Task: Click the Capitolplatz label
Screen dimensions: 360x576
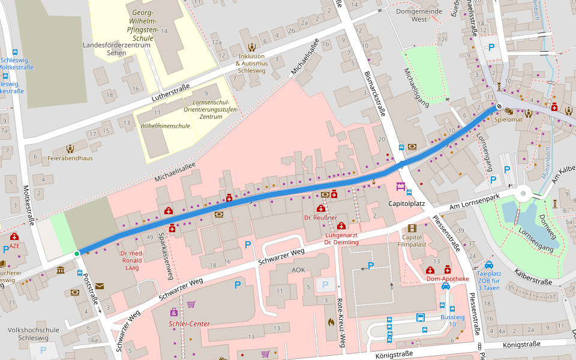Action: tap(407, 204)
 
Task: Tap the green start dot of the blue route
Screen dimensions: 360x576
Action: tap(76, 254)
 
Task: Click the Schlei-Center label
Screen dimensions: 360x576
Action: tap(189, 324)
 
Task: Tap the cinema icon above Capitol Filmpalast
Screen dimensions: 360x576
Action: tap(412, 228)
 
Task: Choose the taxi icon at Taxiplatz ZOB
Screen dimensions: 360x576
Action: tap(489, 265)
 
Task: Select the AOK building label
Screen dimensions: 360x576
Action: tap(298, 270)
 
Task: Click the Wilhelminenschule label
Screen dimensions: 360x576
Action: tap(165, 126)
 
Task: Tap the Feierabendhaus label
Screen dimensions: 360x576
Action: tap(71, 158)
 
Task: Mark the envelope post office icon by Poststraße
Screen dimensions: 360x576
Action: tap(100, 286)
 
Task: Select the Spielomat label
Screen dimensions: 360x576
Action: tap(509, 120)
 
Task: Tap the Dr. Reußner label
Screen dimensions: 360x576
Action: tap(320, 217)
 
